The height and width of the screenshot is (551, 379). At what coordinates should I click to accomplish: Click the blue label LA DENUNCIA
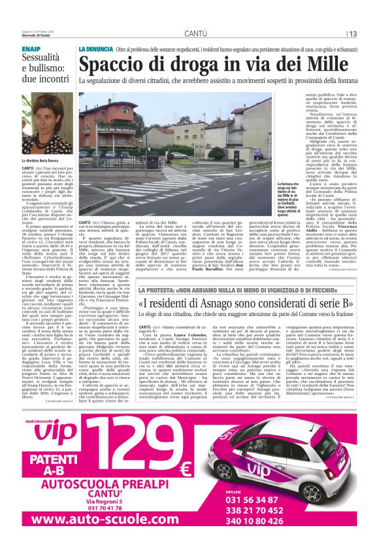coord(95,50)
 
